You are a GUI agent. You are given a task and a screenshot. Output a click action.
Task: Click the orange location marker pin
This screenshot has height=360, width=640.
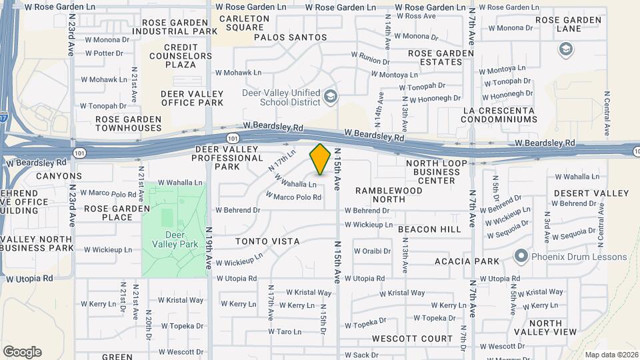(x=320, y=159)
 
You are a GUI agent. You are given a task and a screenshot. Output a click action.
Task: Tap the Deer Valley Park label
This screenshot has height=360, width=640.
(x=173, y=239)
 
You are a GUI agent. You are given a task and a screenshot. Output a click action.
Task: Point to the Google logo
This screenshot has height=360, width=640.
(x=22, y=351)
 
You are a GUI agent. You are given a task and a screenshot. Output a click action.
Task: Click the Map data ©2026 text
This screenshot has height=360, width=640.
(x=611, y=355)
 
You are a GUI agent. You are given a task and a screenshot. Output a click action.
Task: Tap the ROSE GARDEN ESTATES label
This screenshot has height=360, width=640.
(x=435, y=57)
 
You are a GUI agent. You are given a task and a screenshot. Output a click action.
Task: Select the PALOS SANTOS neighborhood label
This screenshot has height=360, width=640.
(x=291, y=38)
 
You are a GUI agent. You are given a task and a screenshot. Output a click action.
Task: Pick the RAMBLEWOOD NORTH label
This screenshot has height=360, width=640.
(x=389, y=195)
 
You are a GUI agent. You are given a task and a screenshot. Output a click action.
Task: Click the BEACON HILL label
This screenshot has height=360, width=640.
(x=429, y=229)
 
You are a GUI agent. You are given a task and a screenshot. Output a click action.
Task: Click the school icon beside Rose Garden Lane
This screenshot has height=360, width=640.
(x=566, y=49)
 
